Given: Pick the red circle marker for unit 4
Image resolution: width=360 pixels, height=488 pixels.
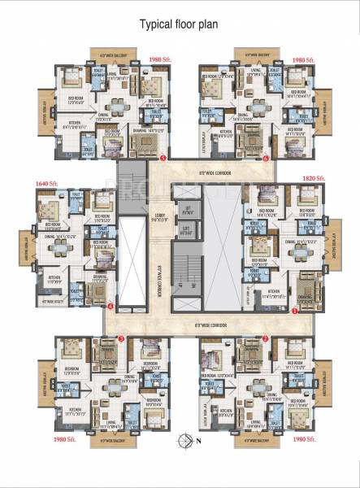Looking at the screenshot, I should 110,306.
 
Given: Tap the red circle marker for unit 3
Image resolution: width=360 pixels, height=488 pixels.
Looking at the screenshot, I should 120,338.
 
